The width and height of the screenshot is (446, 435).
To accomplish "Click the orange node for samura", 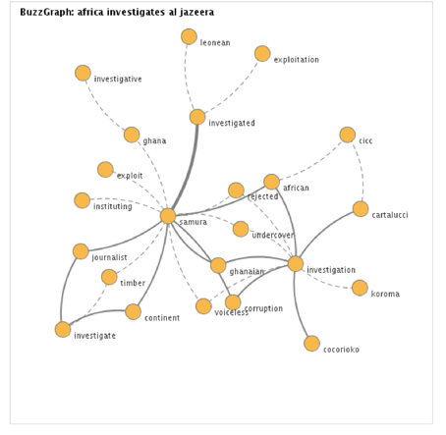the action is [168, 216].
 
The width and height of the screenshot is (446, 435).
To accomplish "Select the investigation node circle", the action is [296, 263].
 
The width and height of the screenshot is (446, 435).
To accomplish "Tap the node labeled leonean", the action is [189, 36].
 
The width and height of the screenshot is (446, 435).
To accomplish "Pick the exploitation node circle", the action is [262, 54].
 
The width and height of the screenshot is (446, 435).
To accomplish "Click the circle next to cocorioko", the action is [311, 344].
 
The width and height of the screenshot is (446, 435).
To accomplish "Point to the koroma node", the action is [360, 288].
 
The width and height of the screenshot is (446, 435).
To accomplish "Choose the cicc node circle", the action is [348, 135].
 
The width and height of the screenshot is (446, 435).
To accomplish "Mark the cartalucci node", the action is [361, 209].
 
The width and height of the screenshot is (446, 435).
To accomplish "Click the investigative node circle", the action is [83, 73].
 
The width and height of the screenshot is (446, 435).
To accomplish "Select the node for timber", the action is [109, 277].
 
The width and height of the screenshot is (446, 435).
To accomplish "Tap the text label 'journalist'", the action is [109, 257].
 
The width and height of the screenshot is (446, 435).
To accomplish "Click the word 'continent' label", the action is [162, 318].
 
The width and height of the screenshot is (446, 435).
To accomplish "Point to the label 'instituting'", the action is [113, 206].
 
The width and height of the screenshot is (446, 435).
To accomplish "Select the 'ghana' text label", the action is [154, 141].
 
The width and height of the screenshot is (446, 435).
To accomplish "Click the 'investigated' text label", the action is [232, 123].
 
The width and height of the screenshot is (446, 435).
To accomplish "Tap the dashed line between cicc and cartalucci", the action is [362, 170].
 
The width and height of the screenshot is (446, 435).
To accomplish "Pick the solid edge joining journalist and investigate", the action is [65, 288].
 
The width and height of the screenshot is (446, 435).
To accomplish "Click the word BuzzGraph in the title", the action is [47, 12].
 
